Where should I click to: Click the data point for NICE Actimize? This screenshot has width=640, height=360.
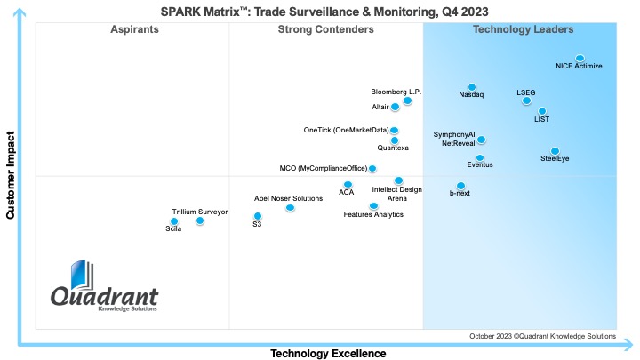click(x=580, y=58)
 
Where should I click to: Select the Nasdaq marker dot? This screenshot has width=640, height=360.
click(x=472, y=87)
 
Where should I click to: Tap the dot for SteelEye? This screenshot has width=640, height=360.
click(x=555, y=151)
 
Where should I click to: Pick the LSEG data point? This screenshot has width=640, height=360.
click(x=526, y=100)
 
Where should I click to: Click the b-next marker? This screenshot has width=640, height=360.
click(x=460, y=185)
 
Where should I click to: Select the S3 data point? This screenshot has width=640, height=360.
click(x=258, y=216)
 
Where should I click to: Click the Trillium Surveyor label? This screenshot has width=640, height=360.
click(x=200, y=212)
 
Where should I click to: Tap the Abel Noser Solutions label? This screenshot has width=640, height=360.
click(x=288, y=198)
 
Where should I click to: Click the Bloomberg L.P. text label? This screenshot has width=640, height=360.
click(x=396, y=92)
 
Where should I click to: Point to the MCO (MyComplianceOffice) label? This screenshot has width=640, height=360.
click(x=322, y=168)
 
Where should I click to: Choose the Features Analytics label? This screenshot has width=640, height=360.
click(x=373, y=214)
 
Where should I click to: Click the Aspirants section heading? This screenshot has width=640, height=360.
click(x=134, y=29)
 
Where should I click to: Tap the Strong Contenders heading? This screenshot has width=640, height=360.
click(x=325, y=29)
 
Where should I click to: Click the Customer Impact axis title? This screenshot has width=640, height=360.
click(x=10, y=176)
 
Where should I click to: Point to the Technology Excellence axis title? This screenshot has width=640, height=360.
click(x=328, y=353)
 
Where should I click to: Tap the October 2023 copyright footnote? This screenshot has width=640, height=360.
click(x=542, y=336)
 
